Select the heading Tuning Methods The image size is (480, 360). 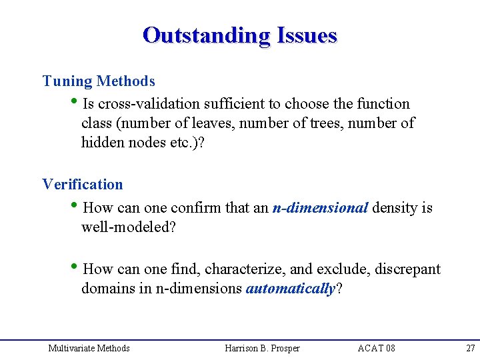click(99, 81)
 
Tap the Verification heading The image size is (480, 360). click(83, 184)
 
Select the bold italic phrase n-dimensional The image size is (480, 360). click(320, 208)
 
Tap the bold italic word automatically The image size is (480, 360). click(290, 289)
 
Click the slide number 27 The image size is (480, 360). click(470, 348)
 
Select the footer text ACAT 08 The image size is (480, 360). click(376, 348)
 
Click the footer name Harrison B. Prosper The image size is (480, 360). click(263, 348)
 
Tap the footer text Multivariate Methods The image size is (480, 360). click(89, 348)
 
